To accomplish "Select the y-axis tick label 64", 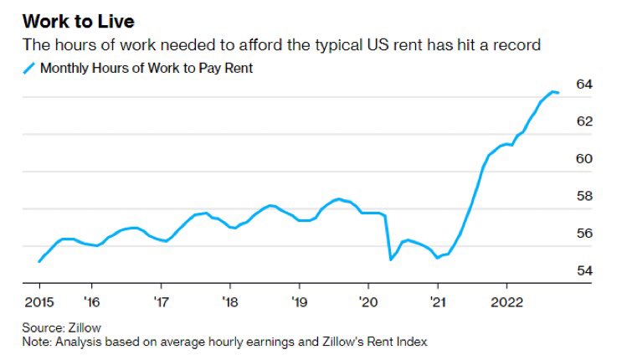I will [584, 85].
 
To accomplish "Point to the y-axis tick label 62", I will [584, 121].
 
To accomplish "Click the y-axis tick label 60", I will [584, 159].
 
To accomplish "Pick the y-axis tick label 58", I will [584, 196].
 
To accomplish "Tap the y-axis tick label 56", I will [584, 234].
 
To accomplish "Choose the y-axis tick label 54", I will [584, 270].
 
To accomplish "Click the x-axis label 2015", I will [39, 301].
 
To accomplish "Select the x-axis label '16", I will [92, 301].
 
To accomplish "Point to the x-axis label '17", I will [161, 301].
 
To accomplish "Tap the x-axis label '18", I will [230, 301].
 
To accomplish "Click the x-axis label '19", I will [299, 301].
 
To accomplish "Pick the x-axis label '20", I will [368, 301].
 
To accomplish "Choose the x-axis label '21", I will [436, 301].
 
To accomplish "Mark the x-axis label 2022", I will [506, 301].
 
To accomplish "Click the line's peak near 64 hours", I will [552, 91].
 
